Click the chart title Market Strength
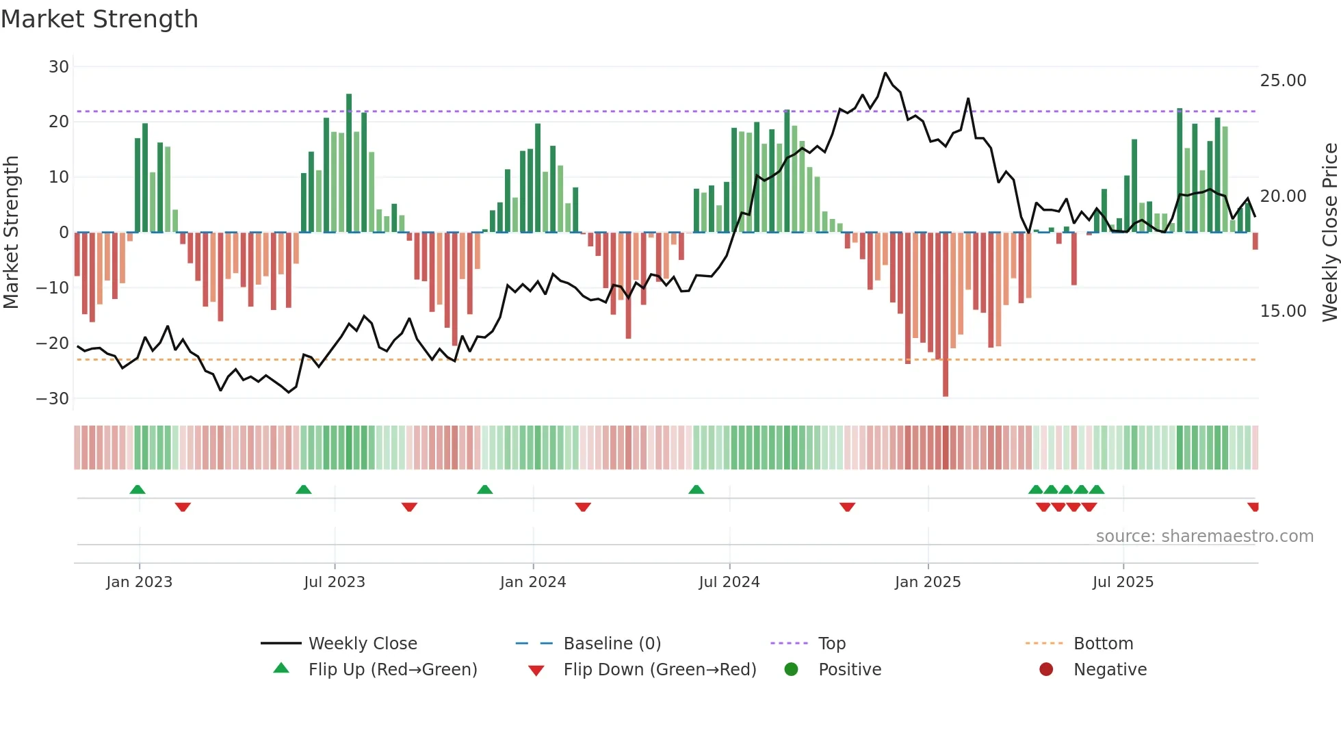click(x=99, y=19)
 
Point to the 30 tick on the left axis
click(x=59, y=67)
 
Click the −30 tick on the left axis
click(x=53, y=398)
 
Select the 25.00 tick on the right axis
click(x=1283, y=81)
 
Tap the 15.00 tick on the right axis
click(x=1283, y=311)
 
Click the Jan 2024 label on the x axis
click(x=533, y=582)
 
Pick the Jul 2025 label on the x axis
click(x=1123, y=582)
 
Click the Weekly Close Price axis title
click(x=1329, y=233)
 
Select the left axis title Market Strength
click(x=12, y=233)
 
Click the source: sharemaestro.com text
click(x=1204, y=536)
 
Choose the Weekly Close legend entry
click(x=362, y=644)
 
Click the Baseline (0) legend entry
click(x=612, y=644)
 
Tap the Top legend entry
click(x=831, y=644)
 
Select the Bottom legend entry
click(x=1103, y=644)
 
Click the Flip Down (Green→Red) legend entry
click(x=660, y=670)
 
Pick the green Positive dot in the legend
click(x=792, y=670)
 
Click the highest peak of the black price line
click(x=885, y=73)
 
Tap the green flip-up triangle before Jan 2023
click(x=138, y=489)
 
